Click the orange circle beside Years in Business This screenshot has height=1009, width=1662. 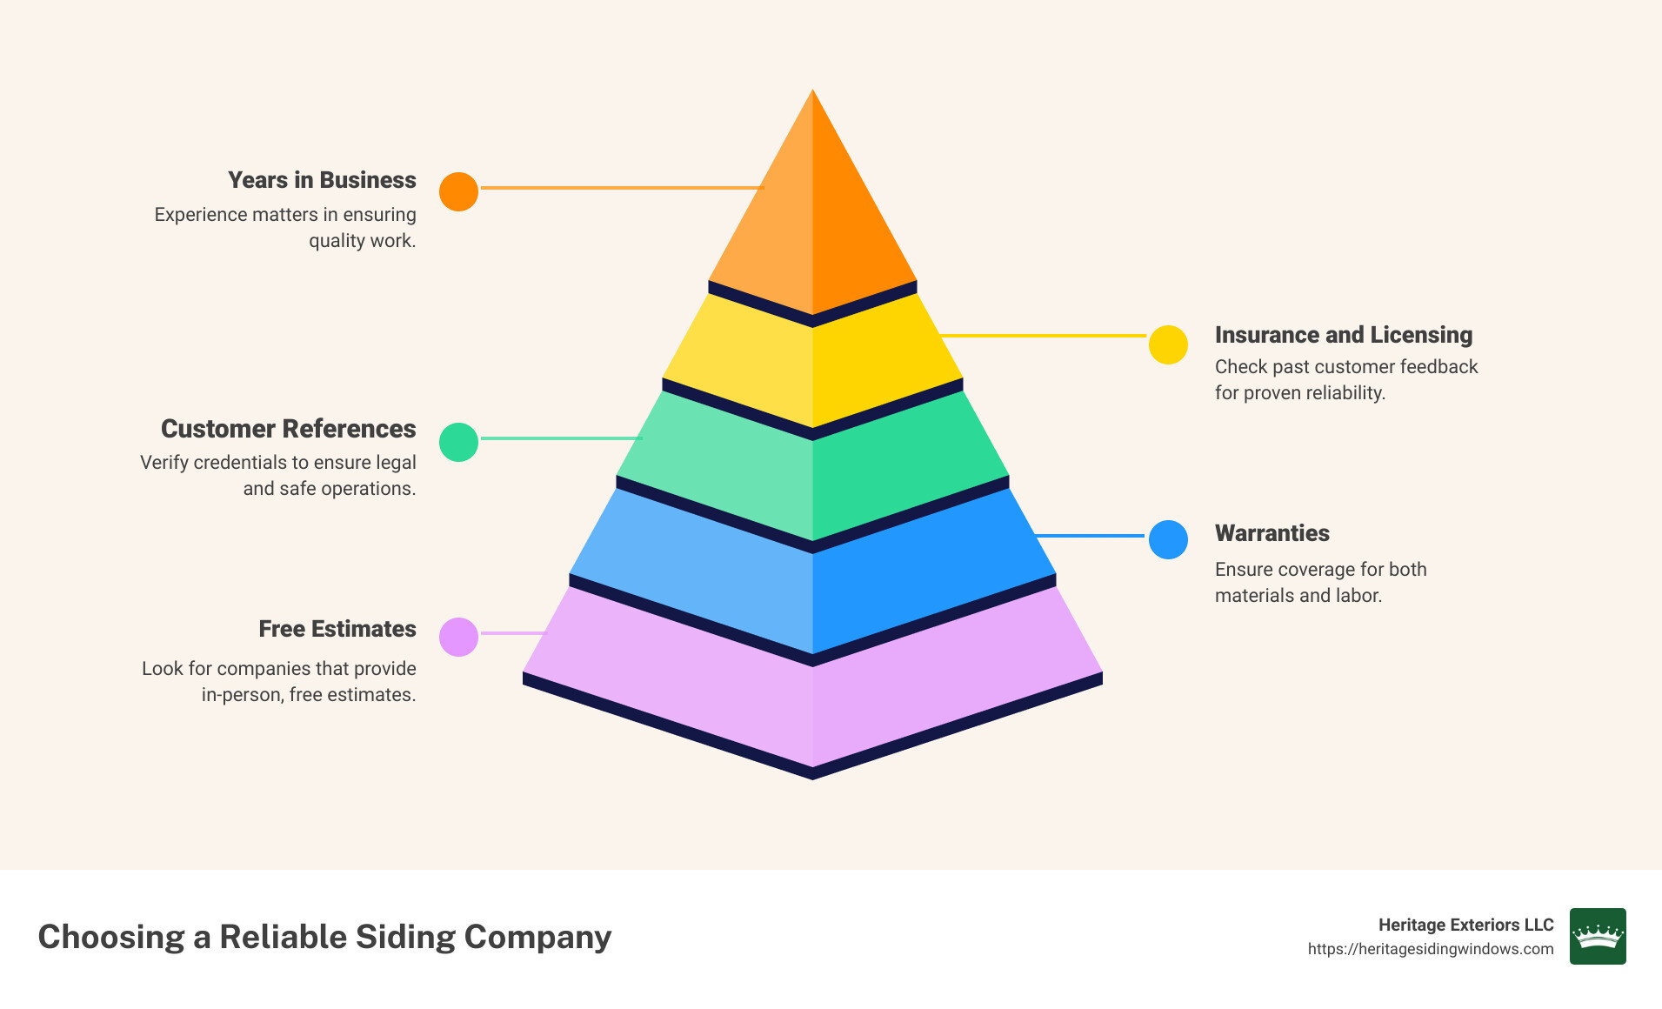click(x=458, y=191)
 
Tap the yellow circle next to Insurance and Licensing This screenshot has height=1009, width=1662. click(x=1168, y=345)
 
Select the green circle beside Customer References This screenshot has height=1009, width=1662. click(x=458, y=442)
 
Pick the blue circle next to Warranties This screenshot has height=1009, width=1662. click(x=1168, y=539)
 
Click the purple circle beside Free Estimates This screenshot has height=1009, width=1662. click(x=458, y=637)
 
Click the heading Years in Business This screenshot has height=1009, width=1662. click(x=322, y=180)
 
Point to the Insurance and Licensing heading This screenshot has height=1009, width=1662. click(x=1343, y=335)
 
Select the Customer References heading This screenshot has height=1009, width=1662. click(x=288, y=429)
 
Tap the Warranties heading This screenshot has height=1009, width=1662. click(x=1272, y=533)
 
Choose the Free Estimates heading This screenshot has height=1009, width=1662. click(x=337, y=629)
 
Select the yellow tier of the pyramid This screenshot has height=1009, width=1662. click(x=812, y=365)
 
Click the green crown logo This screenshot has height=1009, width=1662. click(x=1597, y=936)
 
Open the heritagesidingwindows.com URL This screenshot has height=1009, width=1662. click(x=1430, y=949)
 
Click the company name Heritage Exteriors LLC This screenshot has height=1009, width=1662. click(x=1465, y=925)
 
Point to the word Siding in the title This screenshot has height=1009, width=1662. click(x=404, y=937)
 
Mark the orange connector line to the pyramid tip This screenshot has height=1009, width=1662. click(x=621, y=187)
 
